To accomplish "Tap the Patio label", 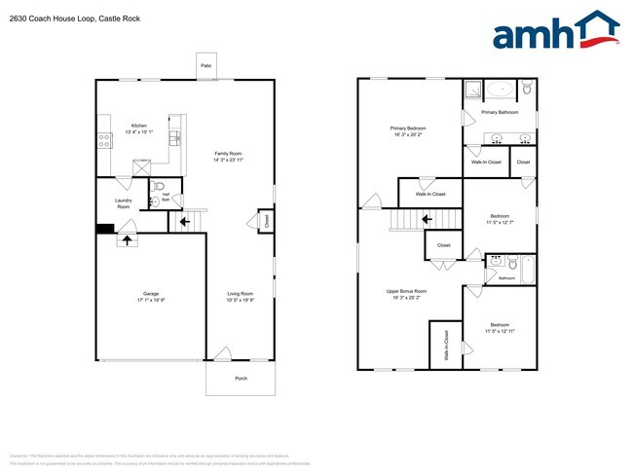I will tap(205, 65).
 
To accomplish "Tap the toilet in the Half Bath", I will tap(163, 186).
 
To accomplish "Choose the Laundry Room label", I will tap(123, 203).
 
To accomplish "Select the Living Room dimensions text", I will tap(240, 300).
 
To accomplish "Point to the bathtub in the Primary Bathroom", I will tap(501, 90).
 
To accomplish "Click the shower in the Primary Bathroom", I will tap(471, 89).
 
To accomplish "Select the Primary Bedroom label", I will tap(410, 128).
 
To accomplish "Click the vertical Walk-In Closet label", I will tap(446, 345).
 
